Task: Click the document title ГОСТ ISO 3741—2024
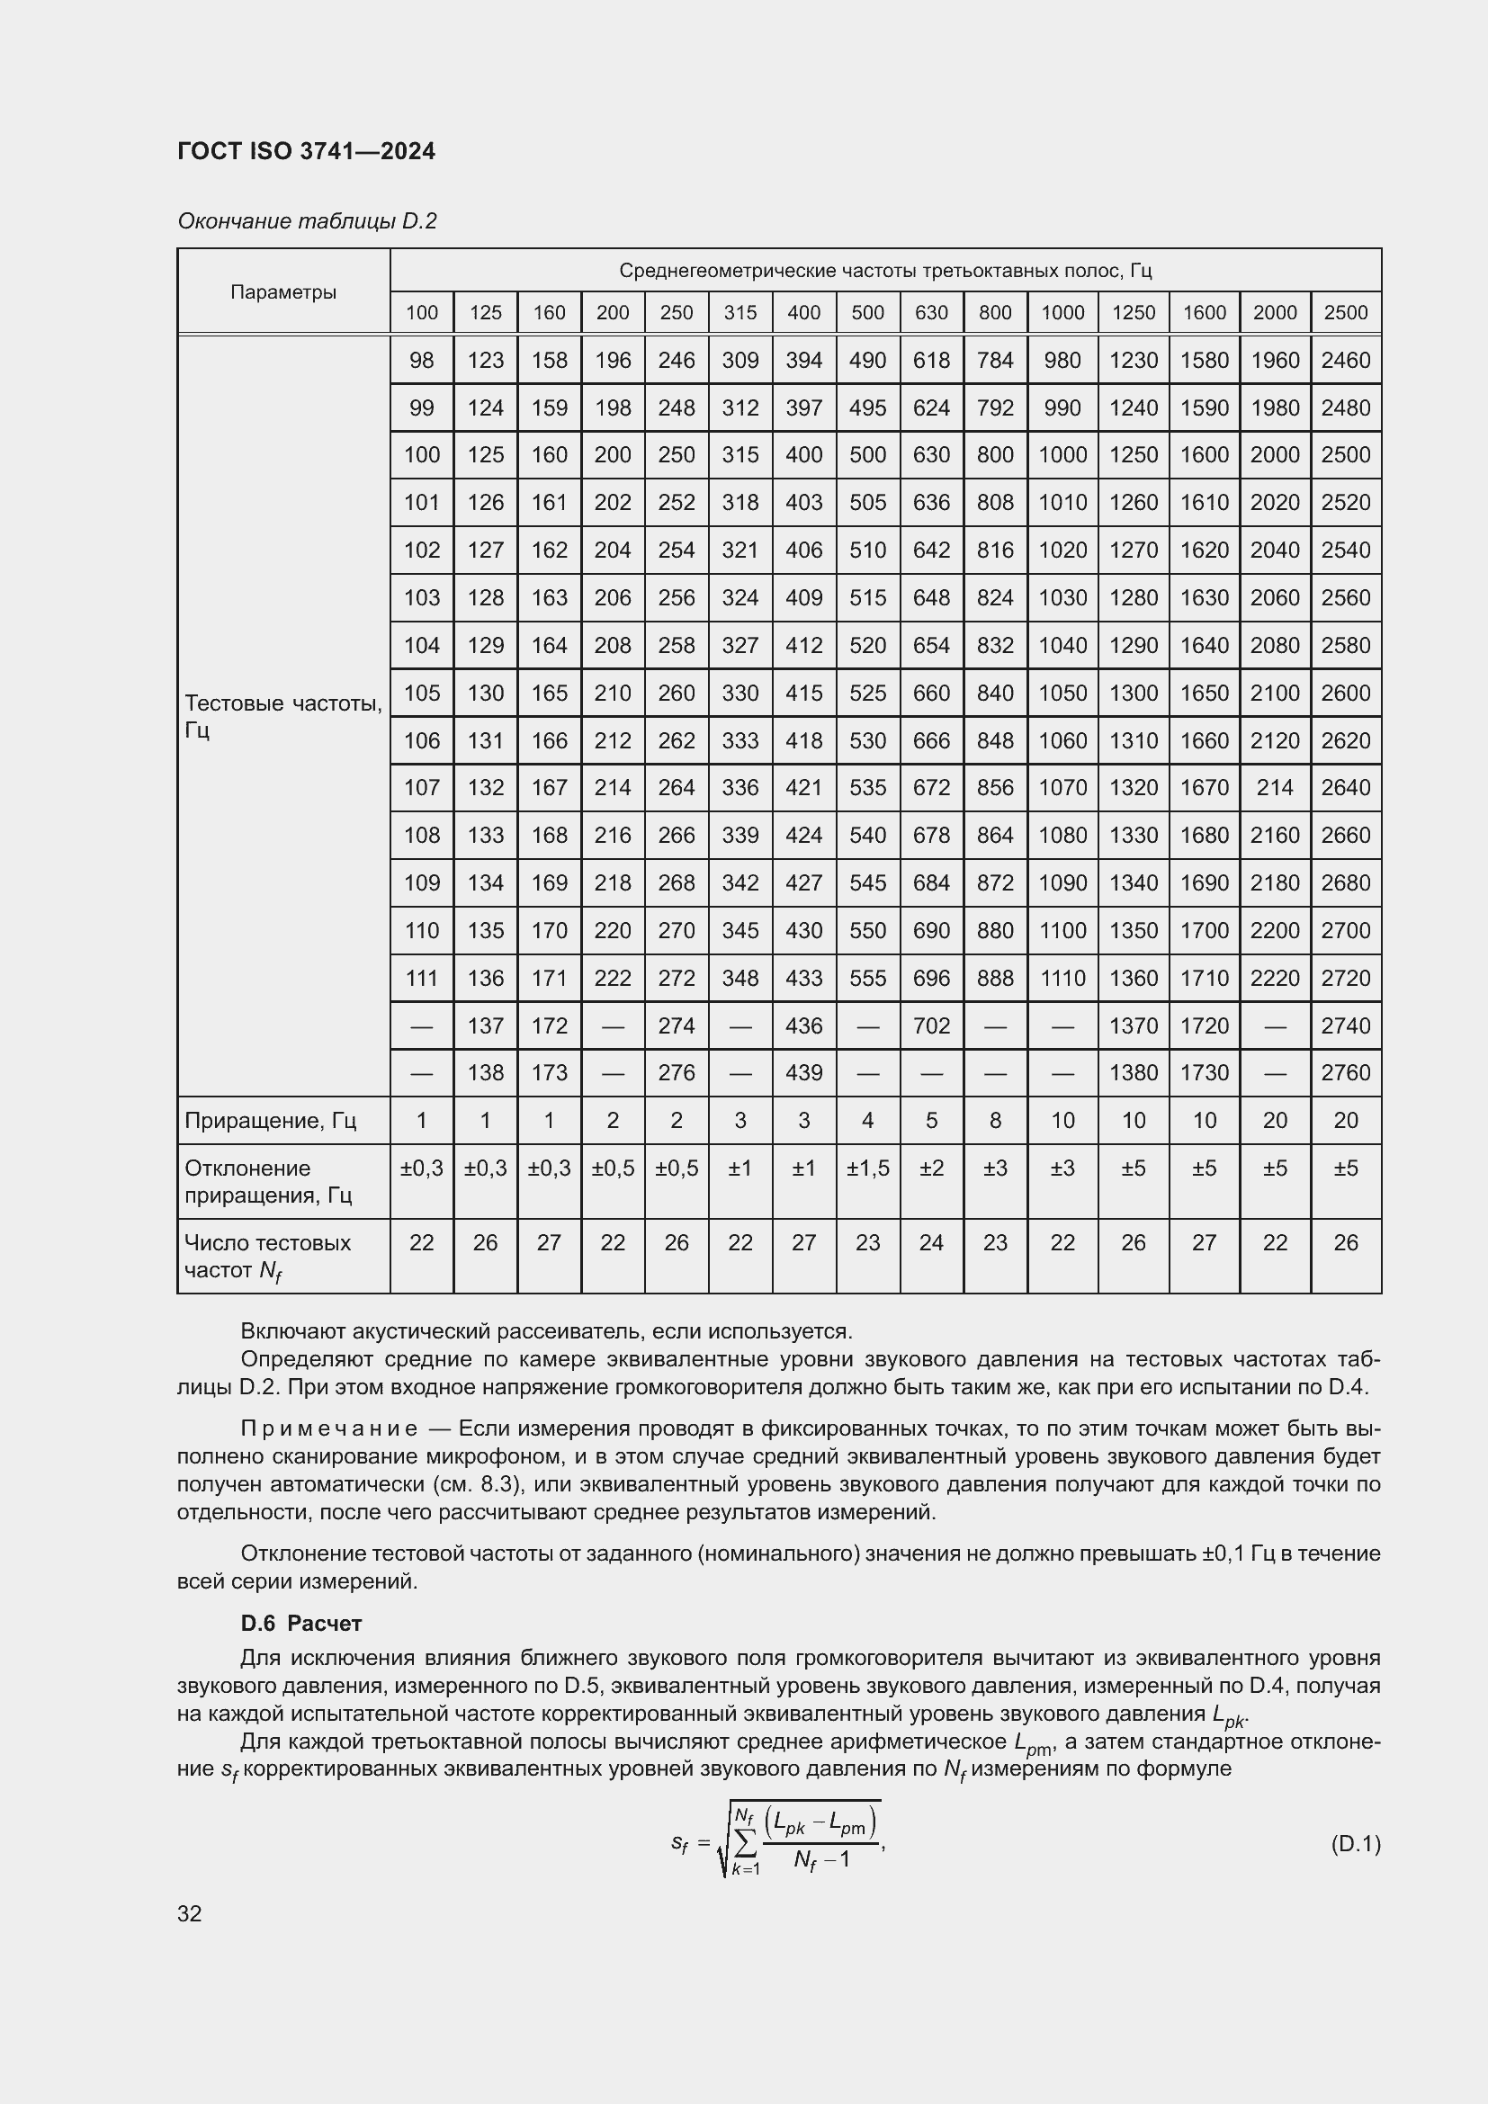[x=306, y=151]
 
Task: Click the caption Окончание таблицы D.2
[x=307, y=221]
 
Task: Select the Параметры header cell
[x=283, y=292]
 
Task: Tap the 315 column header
[x=740, y=312]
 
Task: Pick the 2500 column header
[x=1345, y=312]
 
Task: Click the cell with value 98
[x=421, y=360]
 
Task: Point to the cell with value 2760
[x=1345, y=1072]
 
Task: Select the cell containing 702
[x=931, y=1025]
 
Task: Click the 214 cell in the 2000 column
[x=1275, y=787]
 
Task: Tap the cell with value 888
[x=994, y=978]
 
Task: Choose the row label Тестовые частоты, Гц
[x=283, y=716]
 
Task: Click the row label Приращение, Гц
[x=270, y=1121]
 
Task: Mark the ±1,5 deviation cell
[x=866, y=1168]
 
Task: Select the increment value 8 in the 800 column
[x=994, y=1120]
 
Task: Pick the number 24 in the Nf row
[x=931, y=1242]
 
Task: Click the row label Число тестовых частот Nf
[x=266, y=1256]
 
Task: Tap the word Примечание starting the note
[x=329, y=1428]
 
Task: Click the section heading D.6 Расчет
[x=300, y=1623]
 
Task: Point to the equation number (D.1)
[x=1354, y=1843]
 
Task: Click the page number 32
[x=190, y=1913]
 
